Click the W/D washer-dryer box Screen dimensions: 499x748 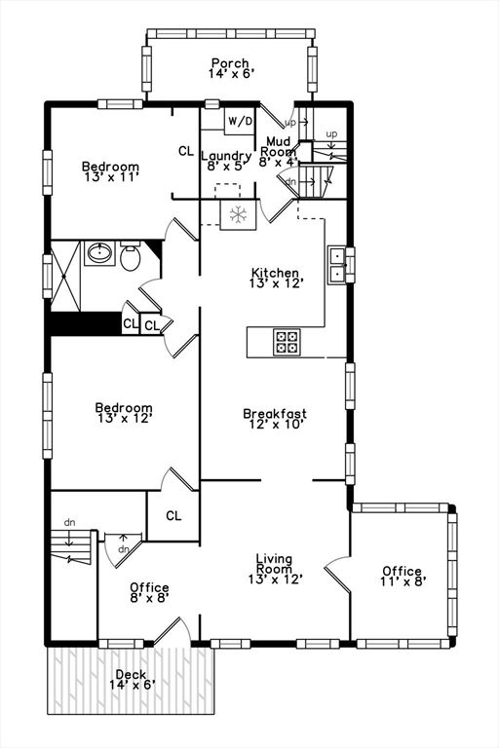(x=240, y=121)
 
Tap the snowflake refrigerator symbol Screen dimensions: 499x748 (x=238, y=214)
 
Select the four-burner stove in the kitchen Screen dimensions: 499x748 (x=288, y=342)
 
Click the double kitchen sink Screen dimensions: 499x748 (x=337, y=266)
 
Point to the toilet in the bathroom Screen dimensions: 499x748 (x=130, y=256)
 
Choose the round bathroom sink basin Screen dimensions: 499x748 (x=99, y=253)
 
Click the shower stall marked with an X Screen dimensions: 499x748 (x=65, y=277)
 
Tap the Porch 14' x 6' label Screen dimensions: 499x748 (x=231, y=68)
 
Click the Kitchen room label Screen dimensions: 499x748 (x=276, y=279)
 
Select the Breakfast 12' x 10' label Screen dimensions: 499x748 (x=275, y=419)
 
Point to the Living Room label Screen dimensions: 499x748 (x=276, y=569)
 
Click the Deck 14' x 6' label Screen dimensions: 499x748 (x=132, y=680)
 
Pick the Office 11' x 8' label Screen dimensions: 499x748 (x=403, y=577)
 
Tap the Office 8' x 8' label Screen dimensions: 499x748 (x=149, y=592)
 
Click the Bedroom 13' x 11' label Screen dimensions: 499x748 (x=110, y=171)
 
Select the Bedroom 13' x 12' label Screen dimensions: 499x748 (x=124, y=413)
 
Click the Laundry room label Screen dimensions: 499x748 (x=226, y=161)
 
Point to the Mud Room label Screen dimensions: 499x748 (x=278, y=152)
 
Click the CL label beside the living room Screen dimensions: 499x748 (x=173, y=515)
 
